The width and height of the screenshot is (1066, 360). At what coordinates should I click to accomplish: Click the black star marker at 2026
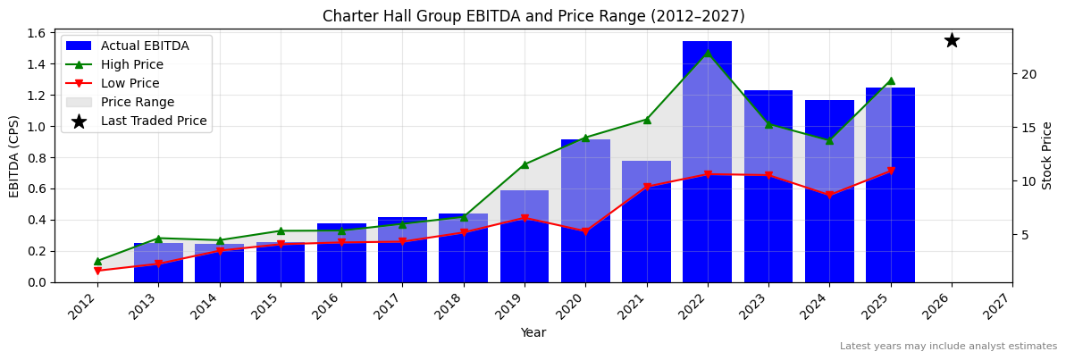952,40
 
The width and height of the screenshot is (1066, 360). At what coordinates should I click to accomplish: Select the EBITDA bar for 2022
707,161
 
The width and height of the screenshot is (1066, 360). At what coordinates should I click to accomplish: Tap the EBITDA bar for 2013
158,263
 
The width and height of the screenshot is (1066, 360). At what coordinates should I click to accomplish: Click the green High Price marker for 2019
525,164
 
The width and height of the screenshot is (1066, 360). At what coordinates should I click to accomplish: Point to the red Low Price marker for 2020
585,231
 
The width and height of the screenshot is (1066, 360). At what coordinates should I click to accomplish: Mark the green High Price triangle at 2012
97,261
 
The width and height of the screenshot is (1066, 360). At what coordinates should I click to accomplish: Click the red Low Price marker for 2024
829,195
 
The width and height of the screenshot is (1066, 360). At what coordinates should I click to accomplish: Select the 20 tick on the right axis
1028,74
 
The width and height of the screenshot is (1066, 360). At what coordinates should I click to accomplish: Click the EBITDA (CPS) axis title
14,155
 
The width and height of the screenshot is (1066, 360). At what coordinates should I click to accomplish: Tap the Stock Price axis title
1047,155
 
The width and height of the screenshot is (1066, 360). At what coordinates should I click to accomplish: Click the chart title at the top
533,16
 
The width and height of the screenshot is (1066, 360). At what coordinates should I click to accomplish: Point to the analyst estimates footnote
948,347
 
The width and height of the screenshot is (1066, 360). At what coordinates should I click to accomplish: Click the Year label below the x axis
533,332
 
